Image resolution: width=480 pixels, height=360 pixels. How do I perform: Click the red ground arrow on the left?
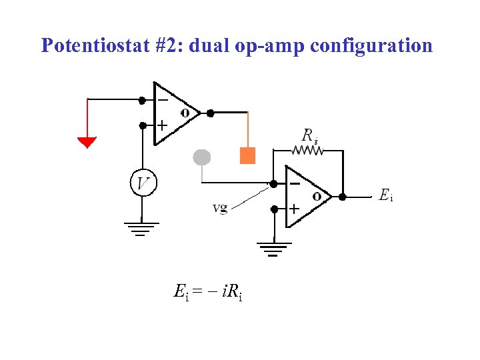(87, 142)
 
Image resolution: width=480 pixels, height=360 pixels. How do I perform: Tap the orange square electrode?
(247, 155)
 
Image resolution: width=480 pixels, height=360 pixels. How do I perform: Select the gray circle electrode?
(201, 157)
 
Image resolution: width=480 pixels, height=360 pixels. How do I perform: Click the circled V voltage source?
(143, 182)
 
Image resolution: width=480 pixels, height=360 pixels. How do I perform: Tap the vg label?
(220, 208)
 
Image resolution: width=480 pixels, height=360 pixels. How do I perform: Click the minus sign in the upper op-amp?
(162, 99)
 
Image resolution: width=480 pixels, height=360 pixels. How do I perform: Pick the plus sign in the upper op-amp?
(162, 125)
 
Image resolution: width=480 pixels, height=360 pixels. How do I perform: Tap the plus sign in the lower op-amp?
(293, 209)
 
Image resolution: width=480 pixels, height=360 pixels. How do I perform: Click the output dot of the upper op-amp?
(211, 113)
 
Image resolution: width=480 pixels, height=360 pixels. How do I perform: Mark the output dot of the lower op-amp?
(342, 197)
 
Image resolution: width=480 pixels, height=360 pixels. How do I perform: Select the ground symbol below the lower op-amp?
(274, 249)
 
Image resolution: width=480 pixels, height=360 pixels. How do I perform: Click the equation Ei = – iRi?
(208, 291)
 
